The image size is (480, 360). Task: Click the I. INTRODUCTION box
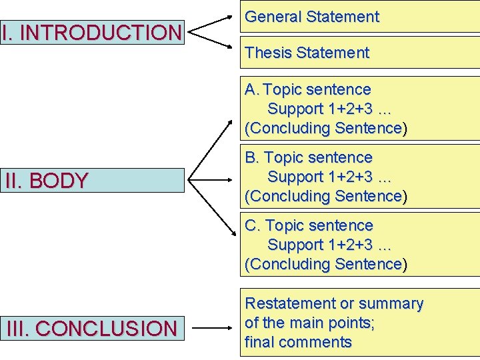[x=92, y=32]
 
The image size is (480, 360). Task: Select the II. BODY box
[x=92, y=181]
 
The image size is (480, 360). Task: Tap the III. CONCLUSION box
[x=92, y=328]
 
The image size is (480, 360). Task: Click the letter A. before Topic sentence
[x=252, y=89]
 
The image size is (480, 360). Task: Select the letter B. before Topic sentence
[x=252, y=158]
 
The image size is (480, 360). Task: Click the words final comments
[x=298, y=343]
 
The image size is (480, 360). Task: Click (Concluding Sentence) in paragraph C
[x=325, y=265]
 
